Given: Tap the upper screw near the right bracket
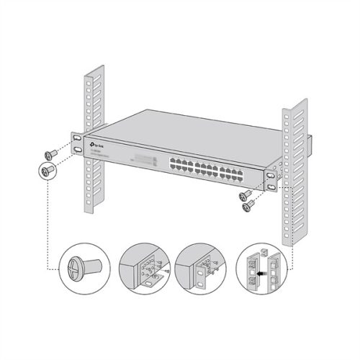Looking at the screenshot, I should point(246,194).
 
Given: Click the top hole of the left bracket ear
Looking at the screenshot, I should point(76,137).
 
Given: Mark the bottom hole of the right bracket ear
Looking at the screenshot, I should point(270,186).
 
